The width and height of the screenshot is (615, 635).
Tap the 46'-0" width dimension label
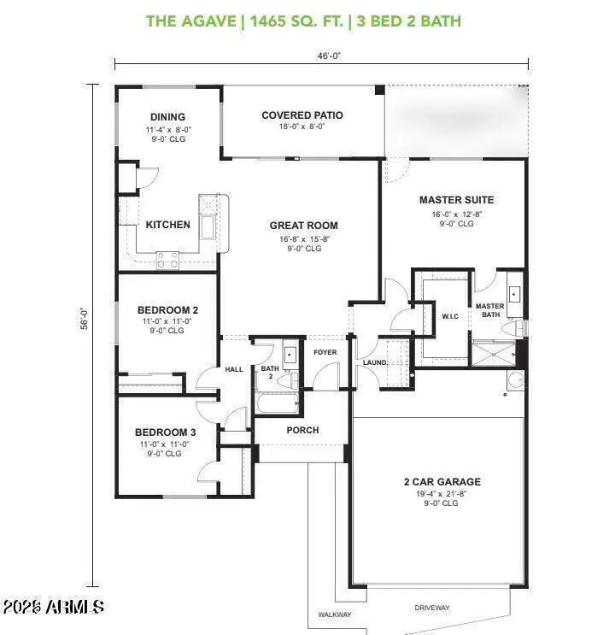(x=321, y=55)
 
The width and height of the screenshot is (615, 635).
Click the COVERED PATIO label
(x=302, y=115)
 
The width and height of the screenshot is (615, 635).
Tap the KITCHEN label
(x=168, y=225)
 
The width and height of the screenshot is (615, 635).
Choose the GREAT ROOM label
(x=303, y=226)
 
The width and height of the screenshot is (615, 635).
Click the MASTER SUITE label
(x=456, y=200)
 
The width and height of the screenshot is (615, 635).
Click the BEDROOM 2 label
(x=168, y=310)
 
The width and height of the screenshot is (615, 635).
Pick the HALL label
(x=234, y=370)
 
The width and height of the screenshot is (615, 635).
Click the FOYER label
(x=325, y=352)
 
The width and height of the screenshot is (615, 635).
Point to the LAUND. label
(x=375, y=362)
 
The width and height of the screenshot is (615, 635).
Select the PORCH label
(x=302, y=430)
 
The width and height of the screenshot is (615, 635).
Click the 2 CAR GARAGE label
(x=442, y=482)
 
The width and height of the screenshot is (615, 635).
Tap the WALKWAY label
(x=335, y=614)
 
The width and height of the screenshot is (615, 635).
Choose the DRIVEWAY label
(x=432, y=608)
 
